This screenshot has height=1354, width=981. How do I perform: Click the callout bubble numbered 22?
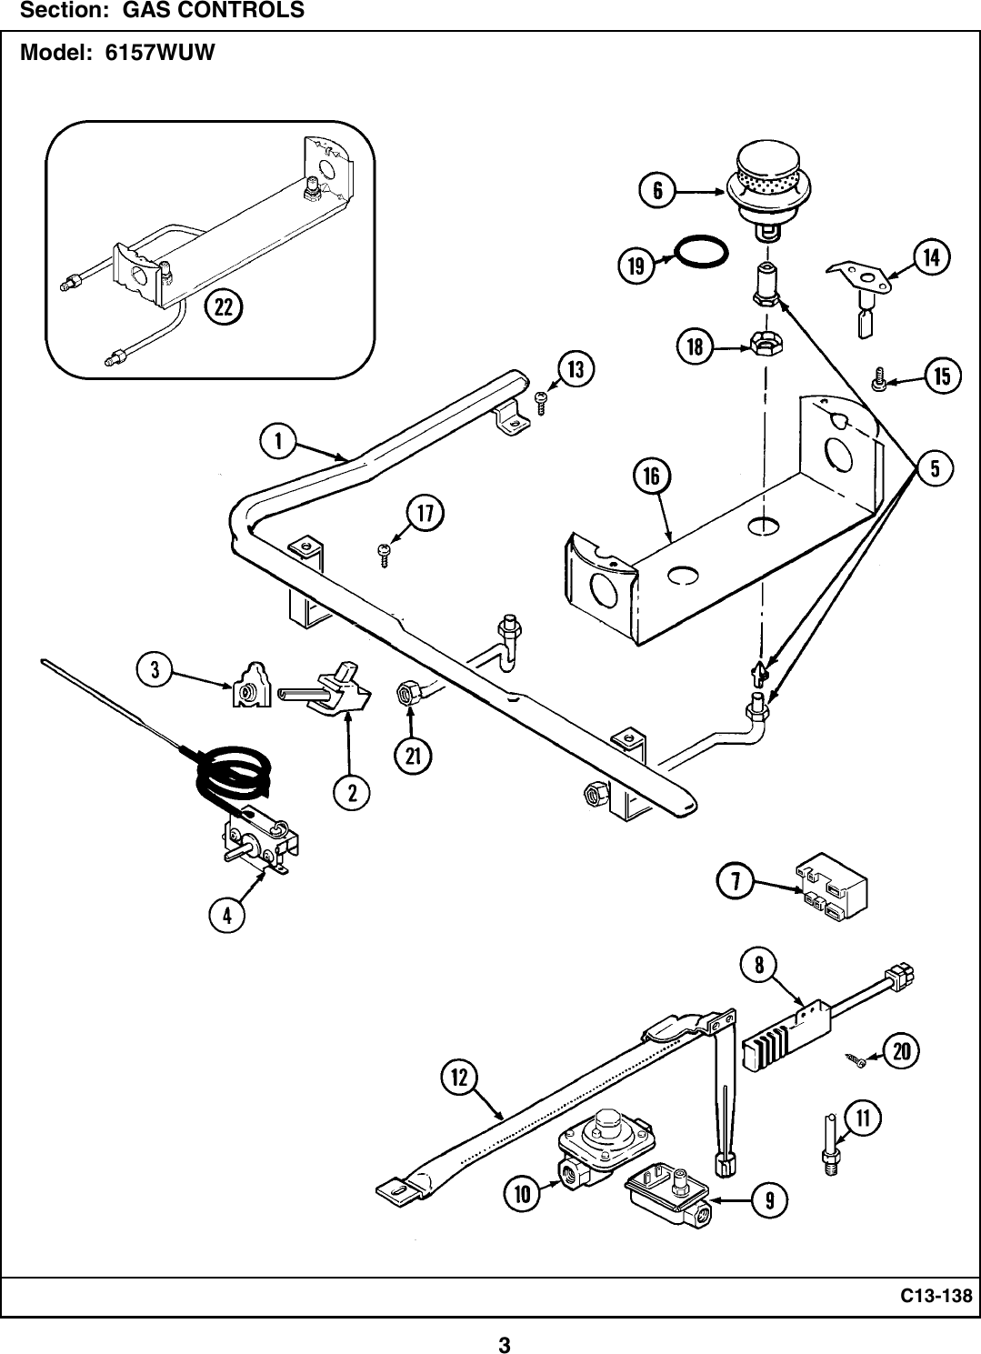point(223,307)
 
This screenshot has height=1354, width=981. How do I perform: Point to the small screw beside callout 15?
point(878,379)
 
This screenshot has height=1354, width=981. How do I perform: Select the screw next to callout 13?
point(541,400)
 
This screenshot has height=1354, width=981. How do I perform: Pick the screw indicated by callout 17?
point(384,553)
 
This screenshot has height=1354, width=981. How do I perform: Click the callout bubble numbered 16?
point(651,476)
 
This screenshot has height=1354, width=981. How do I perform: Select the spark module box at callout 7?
point(831,887)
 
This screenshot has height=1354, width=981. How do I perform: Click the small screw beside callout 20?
point(856,1058)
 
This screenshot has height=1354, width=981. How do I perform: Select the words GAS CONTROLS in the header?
point(214,11)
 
